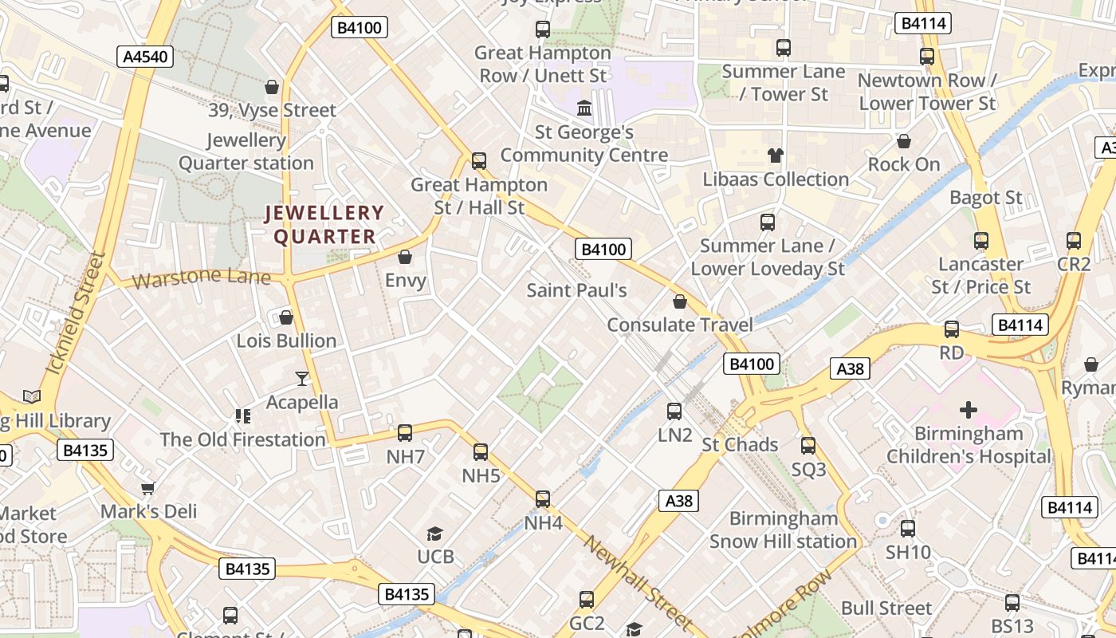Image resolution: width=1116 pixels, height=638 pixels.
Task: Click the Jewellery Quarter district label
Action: click(x=324, y=224)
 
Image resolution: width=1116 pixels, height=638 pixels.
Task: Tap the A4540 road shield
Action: click(x=144, y=56)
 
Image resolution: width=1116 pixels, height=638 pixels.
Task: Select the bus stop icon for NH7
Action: click(x=405, y=433)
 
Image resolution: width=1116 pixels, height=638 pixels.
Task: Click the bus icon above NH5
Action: click(x=481, y=452)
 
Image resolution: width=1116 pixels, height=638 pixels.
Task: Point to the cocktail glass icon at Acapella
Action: click(x=302, y=378)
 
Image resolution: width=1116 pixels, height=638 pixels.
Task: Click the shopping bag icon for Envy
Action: click(x=405, y=257)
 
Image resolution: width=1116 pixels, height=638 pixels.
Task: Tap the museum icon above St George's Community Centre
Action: click(x=584, y=108)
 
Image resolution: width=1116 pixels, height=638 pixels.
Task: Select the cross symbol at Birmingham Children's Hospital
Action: click(x=969, y=410)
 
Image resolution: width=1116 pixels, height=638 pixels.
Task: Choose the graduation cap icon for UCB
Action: click(x=434, y=534)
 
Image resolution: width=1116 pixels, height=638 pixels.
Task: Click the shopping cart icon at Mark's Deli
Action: click(x=147, y=487)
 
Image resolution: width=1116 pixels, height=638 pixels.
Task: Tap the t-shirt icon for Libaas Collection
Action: click(x=775, y=156)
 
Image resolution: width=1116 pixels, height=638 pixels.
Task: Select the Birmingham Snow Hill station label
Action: click(x=783, y=530)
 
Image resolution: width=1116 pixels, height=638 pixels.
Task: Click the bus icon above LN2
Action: click(x=674, y=412)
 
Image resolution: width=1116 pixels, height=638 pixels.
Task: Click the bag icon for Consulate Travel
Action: click(x=680, y=301)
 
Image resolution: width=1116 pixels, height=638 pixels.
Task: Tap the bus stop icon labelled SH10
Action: click(x=908, y=529)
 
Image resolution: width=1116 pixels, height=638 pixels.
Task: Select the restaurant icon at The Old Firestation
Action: click(x=243, y=415)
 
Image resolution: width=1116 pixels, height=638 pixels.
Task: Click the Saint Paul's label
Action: click(x=576, y=290)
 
